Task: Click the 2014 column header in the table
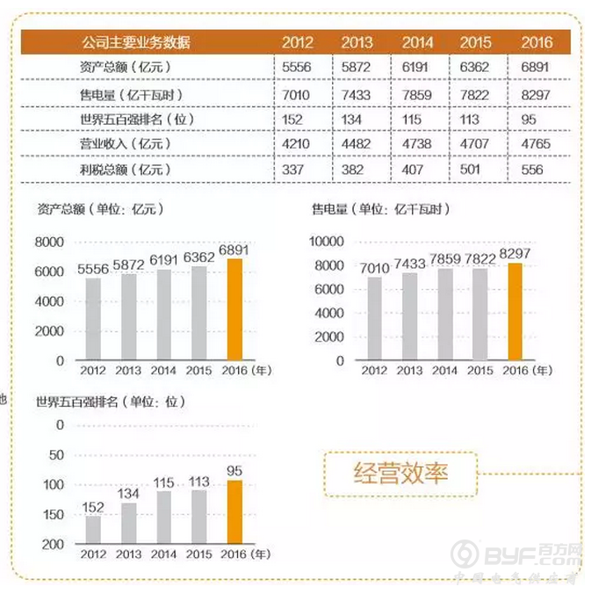click(x=417, y=42)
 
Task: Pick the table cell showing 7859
click(x=417, y=92)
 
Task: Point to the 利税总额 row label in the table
click(x=125, y=169)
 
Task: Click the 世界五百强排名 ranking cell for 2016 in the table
click(x=536, y=118)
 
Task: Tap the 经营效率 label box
click(x=400, y=474)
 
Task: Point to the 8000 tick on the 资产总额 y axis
click(x=49, y=242)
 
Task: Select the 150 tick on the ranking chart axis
click(x=53, y=514)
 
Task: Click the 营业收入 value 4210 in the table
click(x=299, y=143)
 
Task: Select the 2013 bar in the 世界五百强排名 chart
click(x=129, y=523)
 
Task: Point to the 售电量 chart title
click(x=380, y=209)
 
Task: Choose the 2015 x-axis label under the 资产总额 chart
click(x=199, y=371)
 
